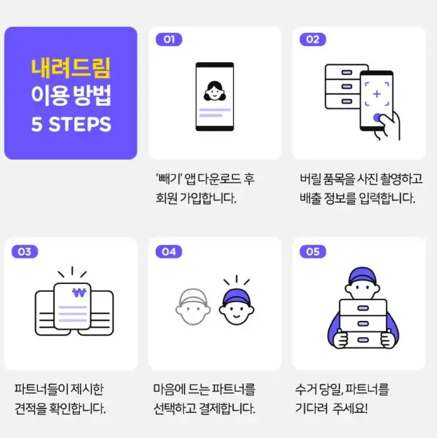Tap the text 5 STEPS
pos(71,123)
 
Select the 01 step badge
pos(169,39)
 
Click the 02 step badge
pos(312,39)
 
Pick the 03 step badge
pos(24,252)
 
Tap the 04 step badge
pos(169,252)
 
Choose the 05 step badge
pos(312,252)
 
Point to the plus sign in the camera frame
pos(377,94)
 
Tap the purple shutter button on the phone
pos(377,117)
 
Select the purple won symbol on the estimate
pos(77,293)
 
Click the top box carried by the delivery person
pos(363,307)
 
